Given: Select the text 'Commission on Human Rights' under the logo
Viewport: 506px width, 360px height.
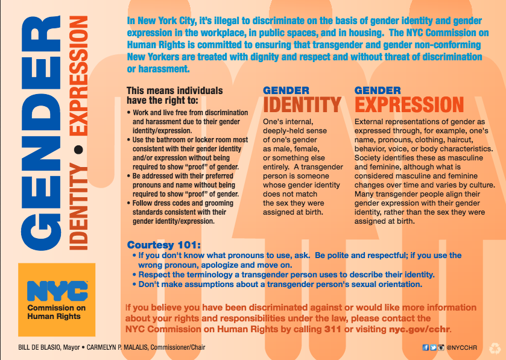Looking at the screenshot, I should [57, 313].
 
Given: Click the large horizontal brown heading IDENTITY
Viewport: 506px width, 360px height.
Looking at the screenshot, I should [302, 105].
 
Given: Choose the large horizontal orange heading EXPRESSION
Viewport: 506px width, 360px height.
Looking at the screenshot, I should [409, 105].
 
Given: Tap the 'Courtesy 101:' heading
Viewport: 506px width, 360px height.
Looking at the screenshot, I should [163, 245].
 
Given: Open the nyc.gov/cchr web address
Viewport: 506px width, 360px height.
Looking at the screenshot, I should [417, 329].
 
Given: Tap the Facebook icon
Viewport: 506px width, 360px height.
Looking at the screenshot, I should [426, 348].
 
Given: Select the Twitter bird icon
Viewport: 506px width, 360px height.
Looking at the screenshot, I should [433, 348].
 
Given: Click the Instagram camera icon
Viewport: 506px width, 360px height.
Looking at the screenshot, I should [441, 348].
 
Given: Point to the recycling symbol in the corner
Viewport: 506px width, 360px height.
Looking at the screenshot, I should [495, 348].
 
